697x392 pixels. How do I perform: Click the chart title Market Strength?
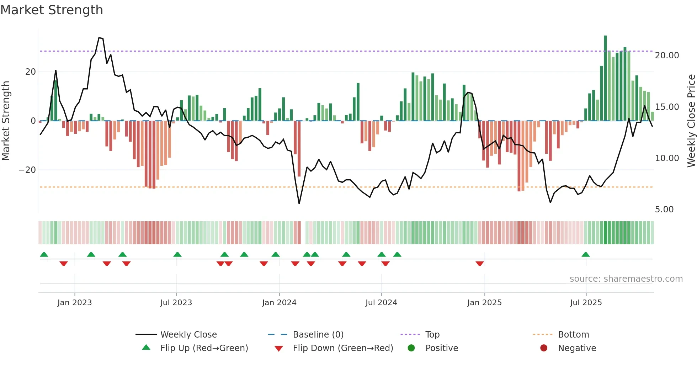click(x=52, y=10)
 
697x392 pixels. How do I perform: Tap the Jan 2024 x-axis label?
click(x=279, y=303)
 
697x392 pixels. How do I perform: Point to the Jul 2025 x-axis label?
click(x=586, y=303)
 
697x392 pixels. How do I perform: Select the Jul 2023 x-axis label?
click(x=176, y=303)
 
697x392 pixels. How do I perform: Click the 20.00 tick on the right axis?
click(x=667, y=55)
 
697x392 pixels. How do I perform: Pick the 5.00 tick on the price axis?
click(x=664, y=210)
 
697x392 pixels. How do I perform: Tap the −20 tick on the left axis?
click(x=27, y=170)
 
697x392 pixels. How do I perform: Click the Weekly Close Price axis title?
click(x=691, y=121)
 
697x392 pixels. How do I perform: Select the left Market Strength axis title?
click(x=6, y=121)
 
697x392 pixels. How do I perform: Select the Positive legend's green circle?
click(x=411, y=348)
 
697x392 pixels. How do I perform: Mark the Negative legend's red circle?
click(x=544, y=348)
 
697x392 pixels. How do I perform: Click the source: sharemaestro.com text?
click(x=626, y=279)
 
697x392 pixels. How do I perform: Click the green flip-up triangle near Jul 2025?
click(x=585, y=254)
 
